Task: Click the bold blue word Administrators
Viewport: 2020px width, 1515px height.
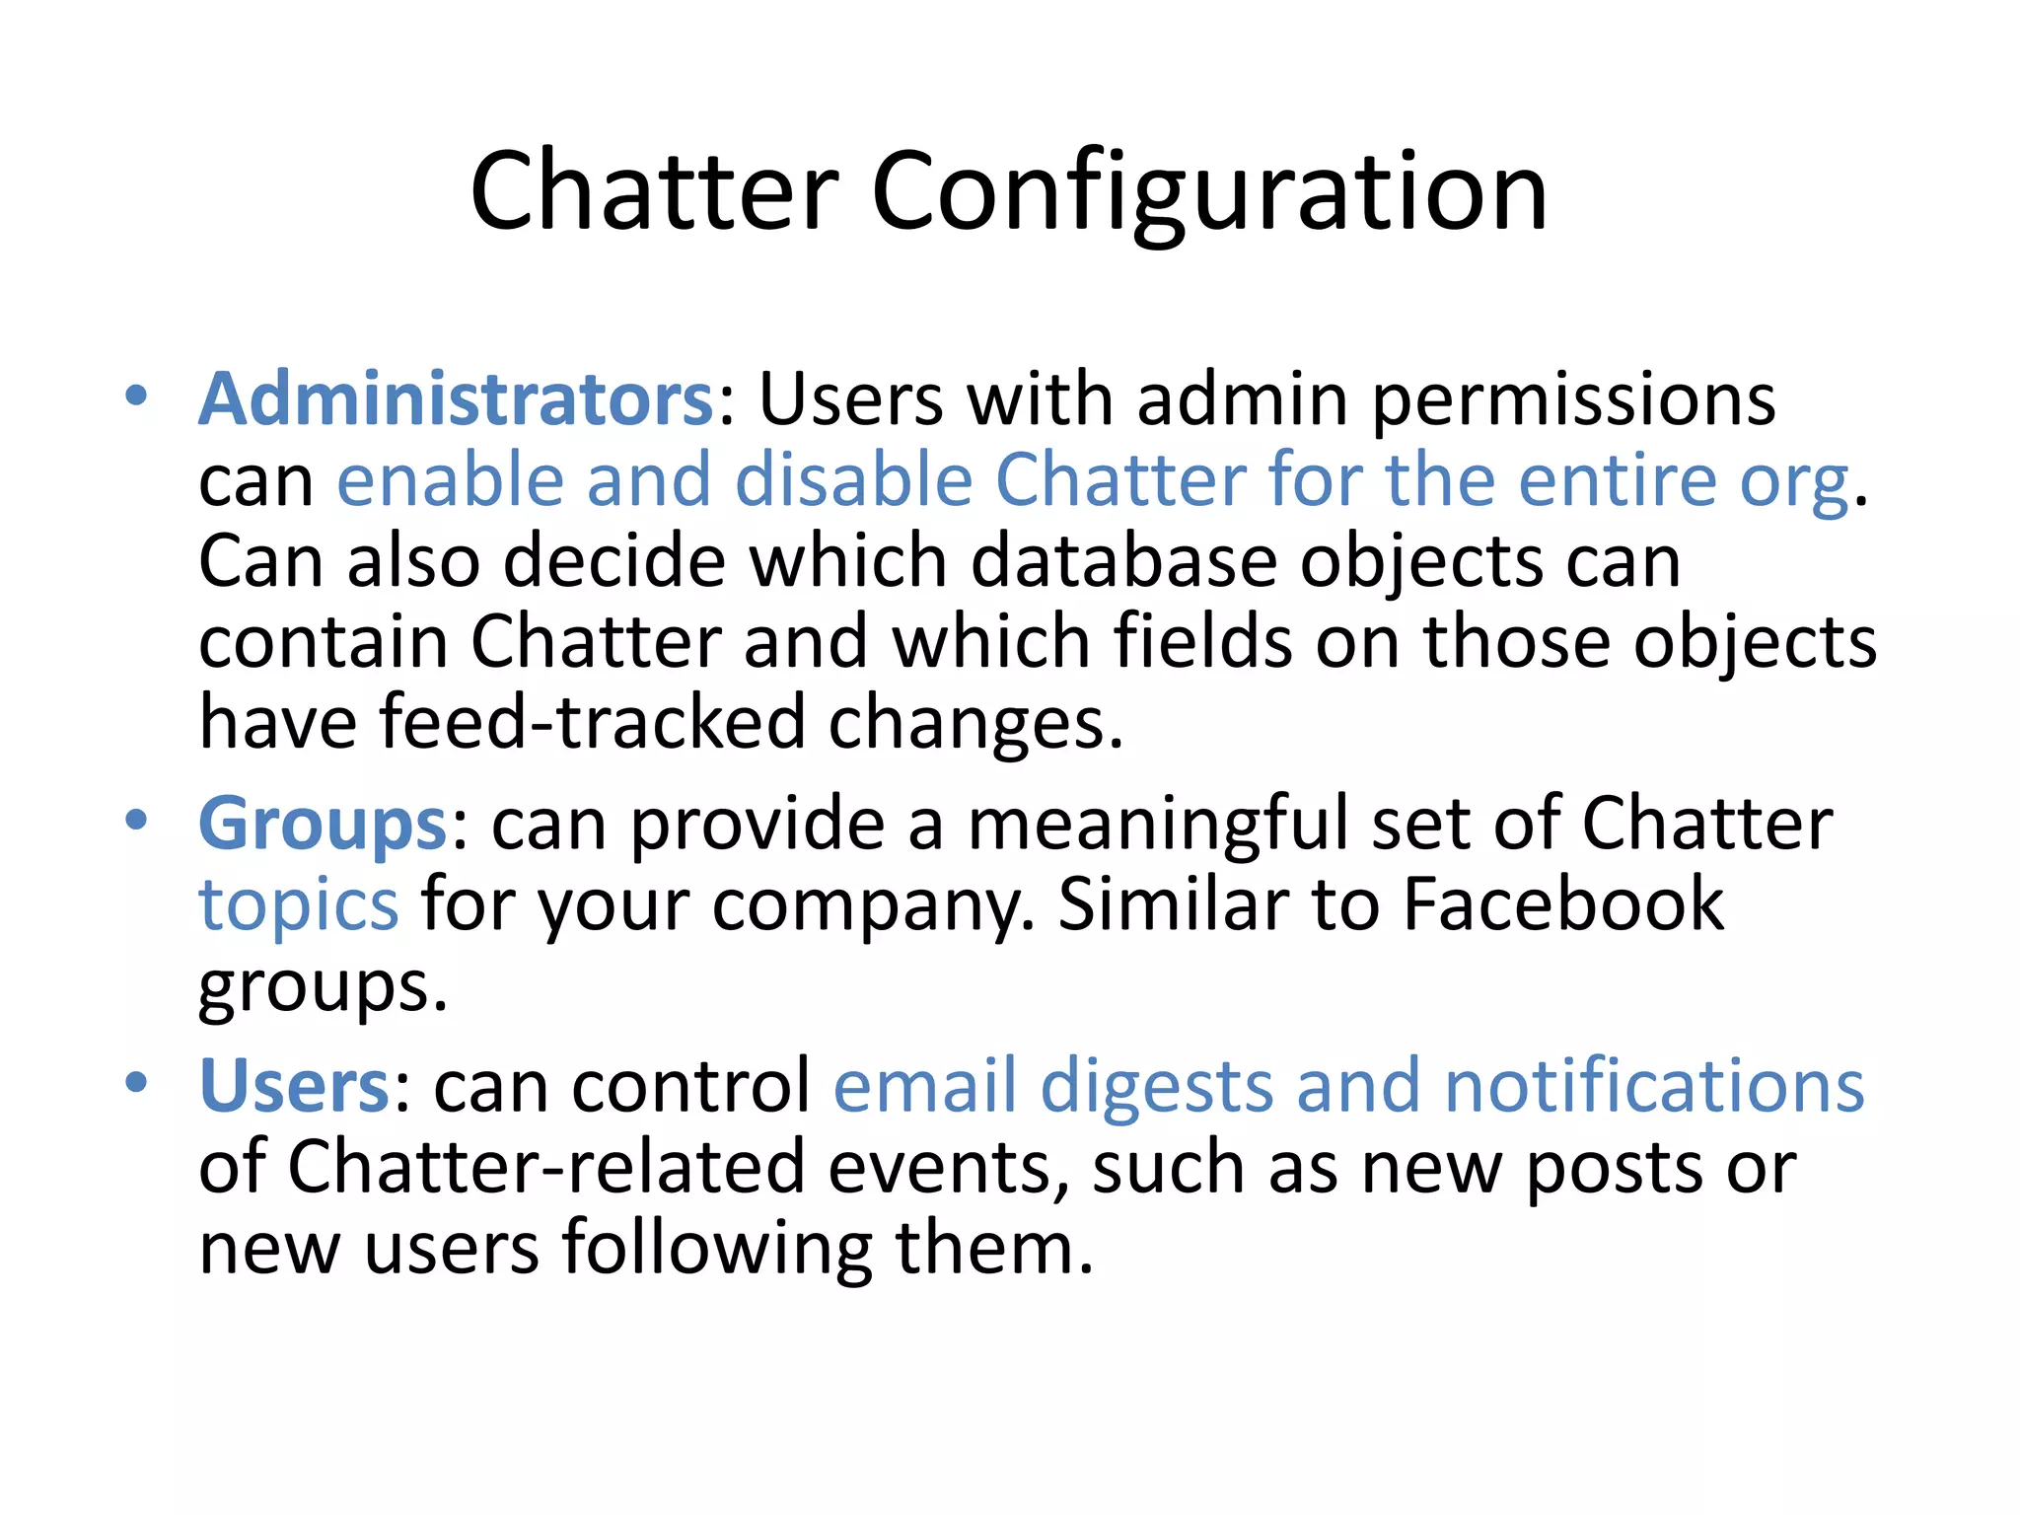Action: pyautogui.click(x=457, y=399)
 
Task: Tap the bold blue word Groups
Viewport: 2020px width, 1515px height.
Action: pyautogui.click(x=324, y=824)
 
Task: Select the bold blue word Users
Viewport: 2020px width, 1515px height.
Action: pyautogui.click(x=295, y=1086)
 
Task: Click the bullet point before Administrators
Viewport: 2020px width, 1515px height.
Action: pyautogui.click(x=136, y=397)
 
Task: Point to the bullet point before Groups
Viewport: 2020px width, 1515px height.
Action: pyautogui.click(x=136, y=821)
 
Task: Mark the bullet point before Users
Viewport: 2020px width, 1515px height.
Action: pyautogui.click(x=136, y=1083)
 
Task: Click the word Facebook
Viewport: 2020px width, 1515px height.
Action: pyautogui.click(x=1563, y=903)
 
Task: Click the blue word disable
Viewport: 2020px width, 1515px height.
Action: pyautogui.click(x=854, y=480)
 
